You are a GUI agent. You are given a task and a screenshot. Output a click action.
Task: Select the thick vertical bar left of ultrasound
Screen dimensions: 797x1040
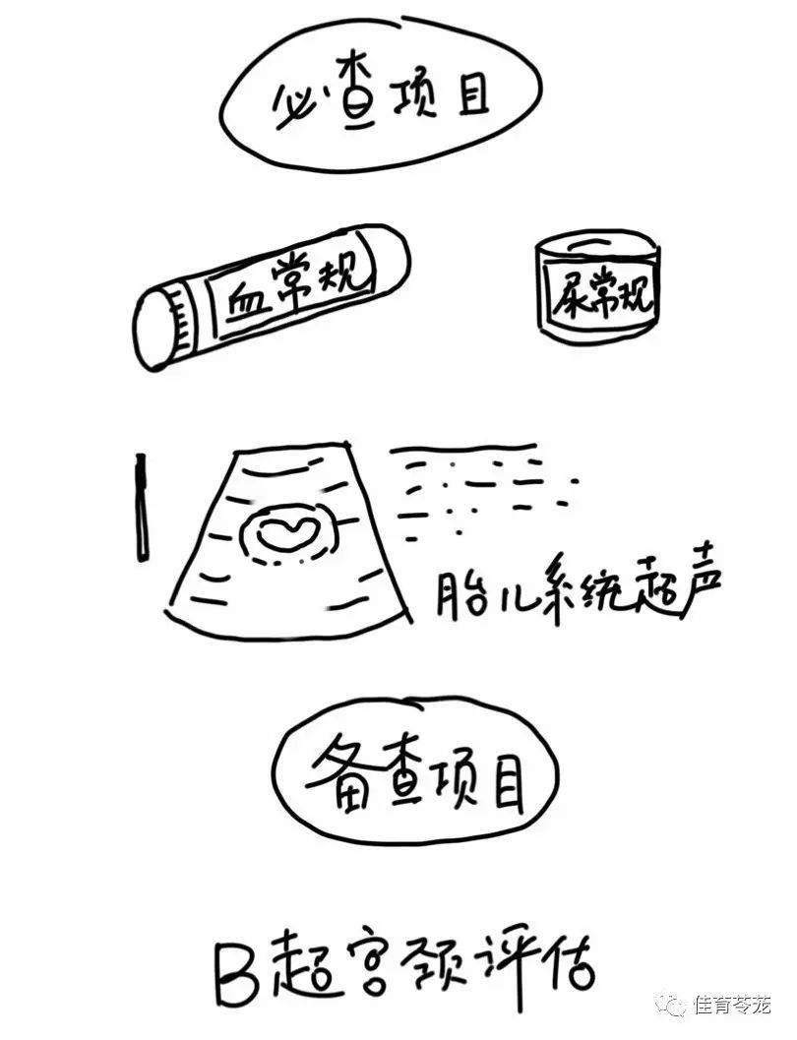click(142, 507)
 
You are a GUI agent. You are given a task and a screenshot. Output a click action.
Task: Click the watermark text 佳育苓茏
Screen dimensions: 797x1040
click(731, 1006)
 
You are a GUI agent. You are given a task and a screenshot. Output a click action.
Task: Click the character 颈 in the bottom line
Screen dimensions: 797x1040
click(443, 967)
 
